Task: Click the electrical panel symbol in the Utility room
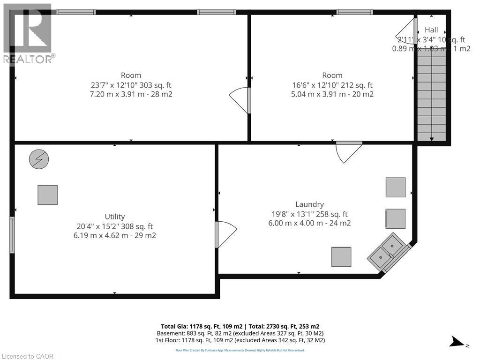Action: point(39,159)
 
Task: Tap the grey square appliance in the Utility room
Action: point(48,195)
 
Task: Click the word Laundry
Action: point(309,204)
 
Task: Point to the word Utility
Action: point(115,217)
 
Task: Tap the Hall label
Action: point(431,30)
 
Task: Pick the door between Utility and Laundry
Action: point(225,234)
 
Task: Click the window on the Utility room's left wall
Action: point(12,235)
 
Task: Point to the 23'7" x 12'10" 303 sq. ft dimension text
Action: point(131,85)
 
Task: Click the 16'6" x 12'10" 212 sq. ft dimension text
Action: point(332,85)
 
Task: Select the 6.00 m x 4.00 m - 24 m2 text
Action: point(309,223)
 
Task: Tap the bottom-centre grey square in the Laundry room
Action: point(341,257)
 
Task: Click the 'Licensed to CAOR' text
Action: point(28,356)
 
